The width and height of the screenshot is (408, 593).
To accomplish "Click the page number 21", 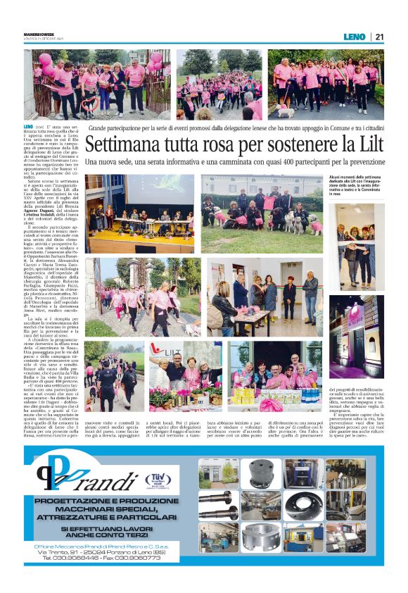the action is (379, 37).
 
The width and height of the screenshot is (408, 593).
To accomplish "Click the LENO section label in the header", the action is (354, 37).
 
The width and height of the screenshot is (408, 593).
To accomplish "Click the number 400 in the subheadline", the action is (277, 163).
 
